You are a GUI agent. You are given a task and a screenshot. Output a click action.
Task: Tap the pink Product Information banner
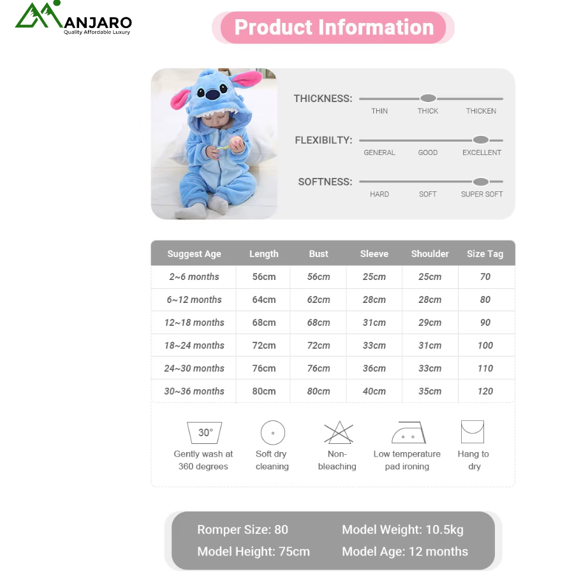pyautogui.click(x=333, y=27)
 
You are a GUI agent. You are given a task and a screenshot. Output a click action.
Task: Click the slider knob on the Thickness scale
pyautogui.click(x=428, y=98)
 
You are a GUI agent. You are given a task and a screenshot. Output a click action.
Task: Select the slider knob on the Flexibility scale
pyautogui.click(x=481, y=140)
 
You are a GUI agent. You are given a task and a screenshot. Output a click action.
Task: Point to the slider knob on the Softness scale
pyautogui.click(x=481, y=182)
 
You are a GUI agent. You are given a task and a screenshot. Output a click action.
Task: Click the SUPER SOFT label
pyautogui.click(x=482, y=194)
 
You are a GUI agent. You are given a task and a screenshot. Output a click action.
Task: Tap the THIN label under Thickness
pyautogui.click(x=379, y=111)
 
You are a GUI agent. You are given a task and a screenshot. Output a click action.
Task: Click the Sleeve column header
pyautogui.click(x=374, y=254)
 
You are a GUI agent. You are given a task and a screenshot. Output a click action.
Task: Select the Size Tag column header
pyautogui.click(x=485, y=254)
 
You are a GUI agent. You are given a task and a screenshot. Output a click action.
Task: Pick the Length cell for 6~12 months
pyautogui.click(x=264, y=300)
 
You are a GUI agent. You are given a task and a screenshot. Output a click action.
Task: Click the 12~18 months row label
pyautogui.click(x=194, y=323)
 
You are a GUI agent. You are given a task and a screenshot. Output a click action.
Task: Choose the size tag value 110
pyautogui.click(x=485, y=368)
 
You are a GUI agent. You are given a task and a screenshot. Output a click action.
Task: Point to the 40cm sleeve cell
pyautogui.click(x=374, y=392)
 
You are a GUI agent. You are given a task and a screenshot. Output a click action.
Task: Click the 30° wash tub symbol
pyautogui.click(x=204, y=432)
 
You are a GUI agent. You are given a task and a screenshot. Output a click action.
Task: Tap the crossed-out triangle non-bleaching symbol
pyautogui.click(x=339, y=432)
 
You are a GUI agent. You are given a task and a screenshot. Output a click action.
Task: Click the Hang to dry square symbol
pyautogui.click(x=472, y=432)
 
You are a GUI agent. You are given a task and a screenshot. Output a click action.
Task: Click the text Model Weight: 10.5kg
pyautogui.click(x=402, y=530)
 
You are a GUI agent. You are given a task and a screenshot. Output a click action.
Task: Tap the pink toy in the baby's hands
pyautogui.click(x=235, y=142)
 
